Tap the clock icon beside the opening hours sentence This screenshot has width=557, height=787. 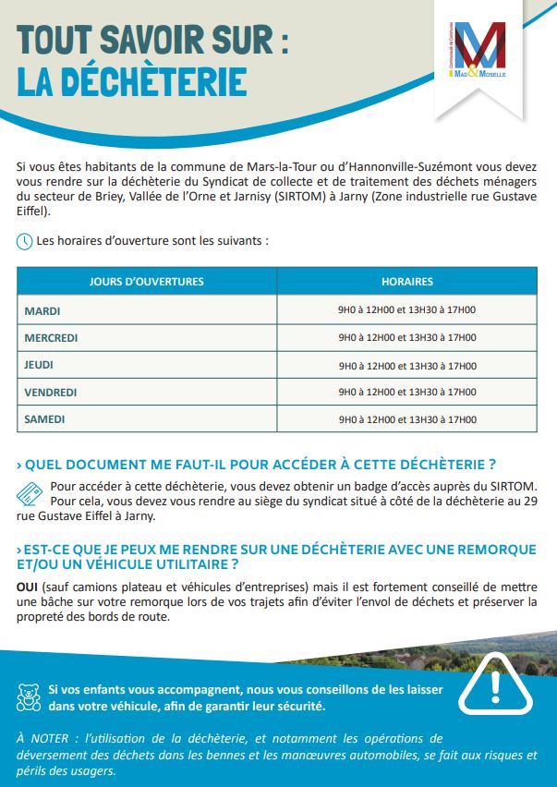(x=25, y=242)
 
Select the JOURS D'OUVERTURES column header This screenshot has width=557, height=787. (x=147, y=282)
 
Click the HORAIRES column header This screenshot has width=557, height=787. (x=406, y=282)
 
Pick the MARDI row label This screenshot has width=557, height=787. (x=42, y=311)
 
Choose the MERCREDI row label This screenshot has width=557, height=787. (x=51, y=338)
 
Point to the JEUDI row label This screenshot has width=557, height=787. (x=40, y=366)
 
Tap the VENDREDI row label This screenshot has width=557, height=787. (x=51, y=393)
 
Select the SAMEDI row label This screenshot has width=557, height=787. (x=45, y=419)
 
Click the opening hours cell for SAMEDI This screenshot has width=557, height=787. (x=406, y=419)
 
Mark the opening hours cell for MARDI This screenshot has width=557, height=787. (x=406, y=311)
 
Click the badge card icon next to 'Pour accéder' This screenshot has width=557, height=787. (x=30, y=492)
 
